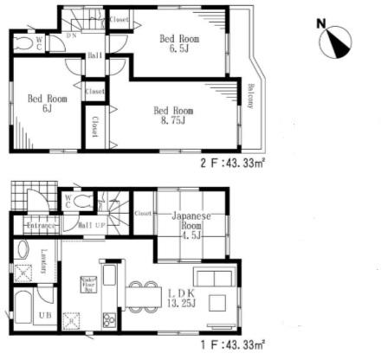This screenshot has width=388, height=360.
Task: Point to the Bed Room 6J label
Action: pyautogui.click(x=40, y=105)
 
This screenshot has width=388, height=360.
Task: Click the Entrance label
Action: pyautogui.click(x=41, y=225)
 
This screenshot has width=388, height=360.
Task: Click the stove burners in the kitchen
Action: pyautogui.click(x=110, y=321)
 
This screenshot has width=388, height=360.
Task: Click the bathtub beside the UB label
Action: pyautogui.click(x=24, y=311)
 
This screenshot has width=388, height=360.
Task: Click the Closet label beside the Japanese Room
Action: pyautogui.click(x=143, y=212)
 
